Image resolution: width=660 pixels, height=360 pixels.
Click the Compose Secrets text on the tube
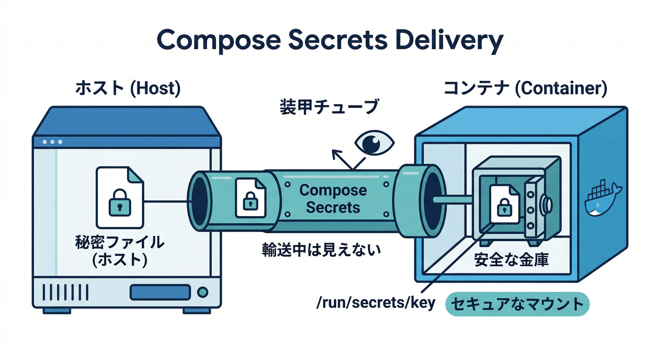pos(333,199)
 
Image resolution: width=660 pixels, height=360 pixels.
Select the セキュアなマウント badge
pos(517,304)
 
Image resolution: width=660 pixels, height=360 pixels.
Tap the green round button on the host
pos(202,292)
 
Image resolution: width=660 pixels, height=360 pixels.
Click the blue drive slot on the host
pos(160,292)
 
